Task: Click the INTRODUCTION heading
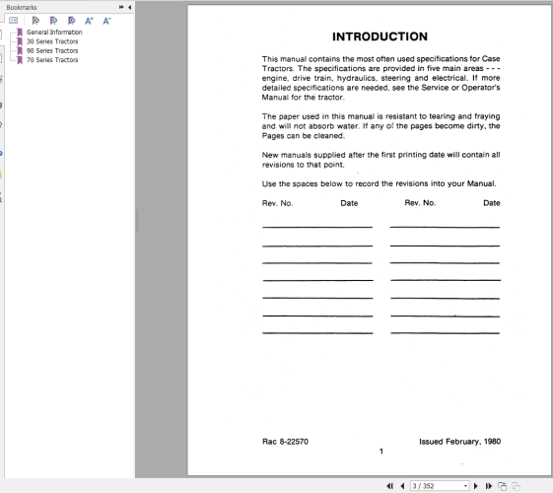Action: tap(380, 36)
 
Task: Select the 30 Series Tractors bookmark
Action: tap(53, 41)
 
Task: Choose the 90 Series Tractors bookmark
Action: tap(53, 50)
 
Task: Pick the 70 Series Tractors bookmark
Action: tap(53, 60)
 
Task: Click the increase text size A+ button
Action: tap(89, 20)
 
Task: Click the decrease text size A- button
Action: tap(105, 20)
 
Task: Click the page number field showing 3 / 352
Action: tap(440, 486)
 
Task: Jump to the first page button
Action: tap(390, 486)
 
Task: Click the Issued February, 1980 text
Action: tap(459, 441)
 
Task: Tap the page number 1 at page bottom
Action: tap(380, 452)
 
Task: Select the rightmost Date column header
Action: tap(491, 203)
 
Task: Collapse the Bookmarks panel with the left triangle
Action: tap(130, 6)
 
